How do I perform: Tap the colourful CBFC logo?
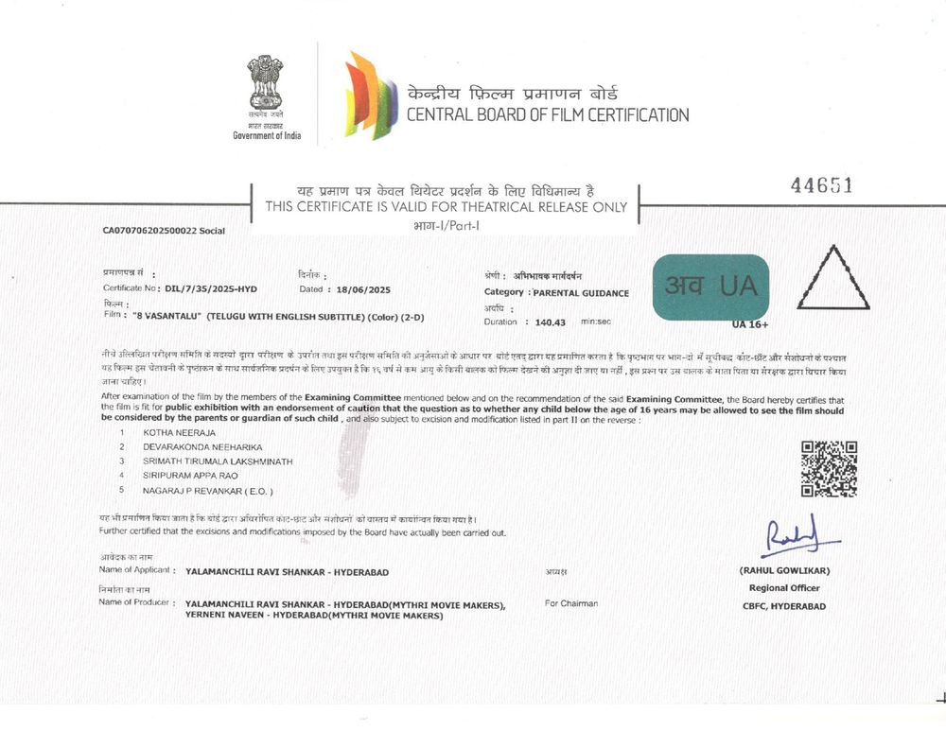(x=370, y=95)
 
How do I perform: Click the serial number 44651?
(x=821, y=186)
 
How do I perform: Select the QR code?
(x=829, y=468)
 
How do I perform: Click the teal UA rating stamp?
(x=710, y=287)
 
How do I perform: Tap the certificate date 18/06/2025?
(x=359, y=289)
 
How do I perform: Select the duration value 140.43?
(x=550, y=322)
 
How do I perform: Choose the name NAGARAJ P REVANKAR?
(x=207, y=490)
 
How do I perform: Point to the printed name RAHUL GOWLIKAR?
(x=782, y=571)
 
